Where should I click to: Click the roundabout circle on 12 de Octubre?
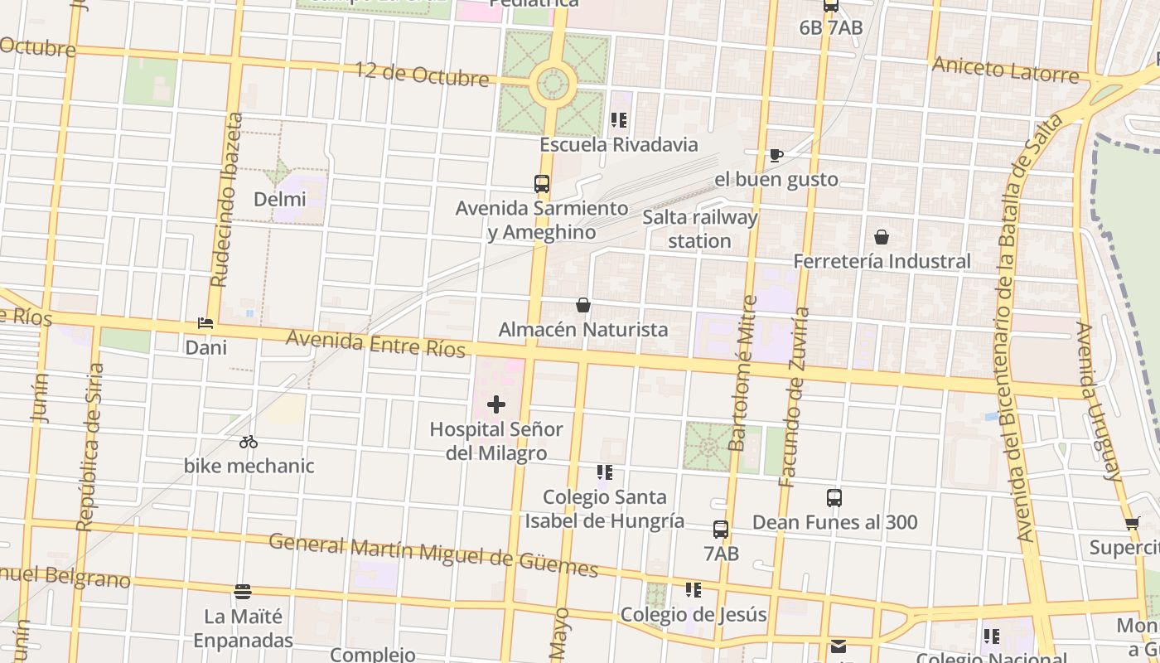click(553, 83)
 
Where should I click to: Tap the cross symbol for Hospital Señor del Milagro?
click(496, 404)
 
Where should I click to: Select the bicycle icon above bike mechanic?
click(249, 442)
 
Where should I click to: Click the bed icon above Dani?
click(205, 323)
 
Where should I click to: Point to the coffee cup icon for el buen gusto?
click(776, 154)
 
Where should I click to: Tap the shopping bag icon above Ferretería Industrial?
click(882, 237)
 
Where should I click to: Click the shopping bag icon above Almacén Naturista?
click(583, 305)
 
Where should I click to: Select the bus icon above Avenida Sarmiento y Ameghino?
click(542, 184)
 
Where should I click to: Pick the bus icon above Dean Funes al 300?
click(834, 498)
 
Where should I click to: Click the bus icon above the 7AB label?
click(721, 530)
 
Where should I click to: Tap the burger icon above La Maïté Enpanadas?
click(243, 592)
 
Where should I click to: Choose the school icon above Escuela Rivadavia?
click(619, 120)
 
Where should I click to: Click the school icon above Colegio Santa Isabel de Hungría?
click(605, 472)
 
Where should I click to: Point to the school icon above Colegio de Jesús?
click(694, 590)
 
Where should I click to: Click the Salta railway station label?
click(700, 229)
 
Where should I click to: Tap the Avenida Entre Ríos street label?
click(375, 344)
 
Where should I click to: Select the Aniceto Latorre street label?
click(1006, 70)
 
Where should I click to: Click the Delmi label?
click(280, 199)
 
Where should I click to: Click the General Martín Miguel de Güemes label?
click(433, 554)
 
